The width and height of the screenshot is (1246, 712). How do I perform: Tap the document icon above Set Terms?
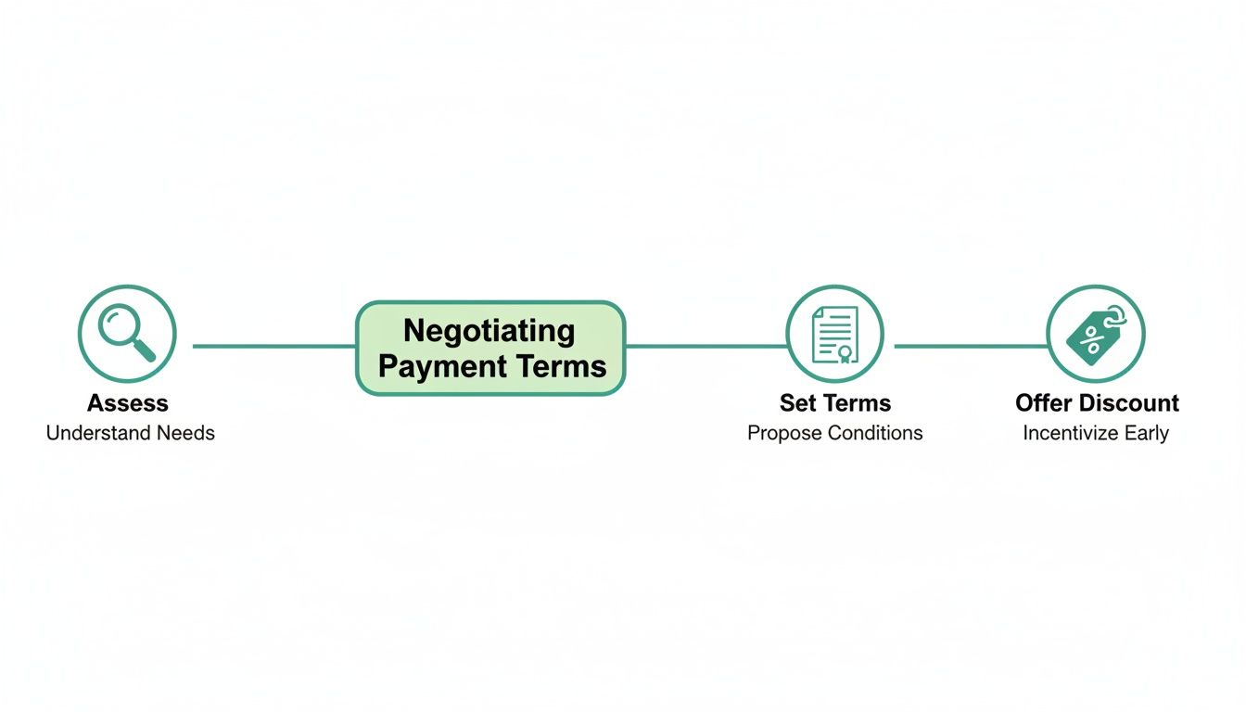pyautogui.click(x=834, y=334)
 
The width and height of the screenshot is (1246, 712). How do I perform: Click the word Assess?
pyautogui.click(x=128, y=403)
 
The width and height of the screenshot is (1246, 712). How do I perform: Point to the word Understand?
pyautogui.click(x=90, y=433)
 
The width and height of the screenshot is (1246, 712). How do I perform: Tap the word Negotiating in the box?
pyautogui.click(x=489, y=331)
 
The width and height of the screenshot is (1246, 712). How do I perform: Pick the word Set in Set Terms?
pyautogui.click(x=797, y=403)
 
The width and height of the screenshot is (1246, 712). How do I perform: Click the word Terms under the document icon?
pyautogui.click(x=857, y=403)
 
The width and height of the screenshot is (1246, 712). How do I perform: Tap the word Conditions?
pyautogui.click(x=875, y=433)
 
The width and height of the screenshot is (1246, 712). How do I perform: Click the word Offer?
pyautogui.click(x=1043, y=403)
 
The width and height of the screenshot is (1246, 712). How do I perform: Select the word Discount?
pyautogui.click(x=1128, y=403)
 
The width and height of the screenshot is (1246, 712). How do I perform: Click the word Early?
pyautogui.click(x=1148, y=433)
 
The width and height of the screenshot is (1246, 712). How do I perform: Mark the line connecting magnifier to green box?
pyautogui.click(x=273, y=346)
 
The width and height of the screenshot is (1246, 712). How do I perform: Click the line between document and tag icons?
pyautogui.click(x=969, y=346)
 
